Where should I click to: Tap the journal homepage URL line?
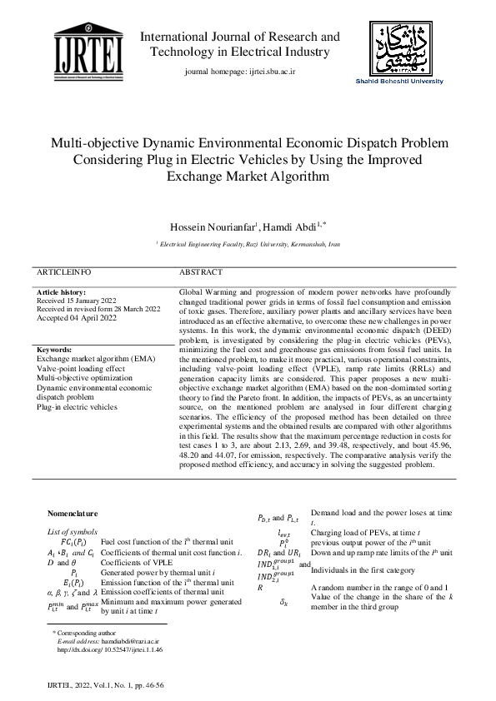239,73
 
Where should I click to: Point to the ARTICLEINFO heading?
63,272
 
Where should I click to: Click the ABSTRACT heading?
201,272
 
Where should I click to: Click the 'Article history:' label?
61,293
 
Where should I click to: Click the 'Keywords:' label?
54,350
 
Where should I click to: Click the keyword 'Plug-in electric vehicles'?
77,408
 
